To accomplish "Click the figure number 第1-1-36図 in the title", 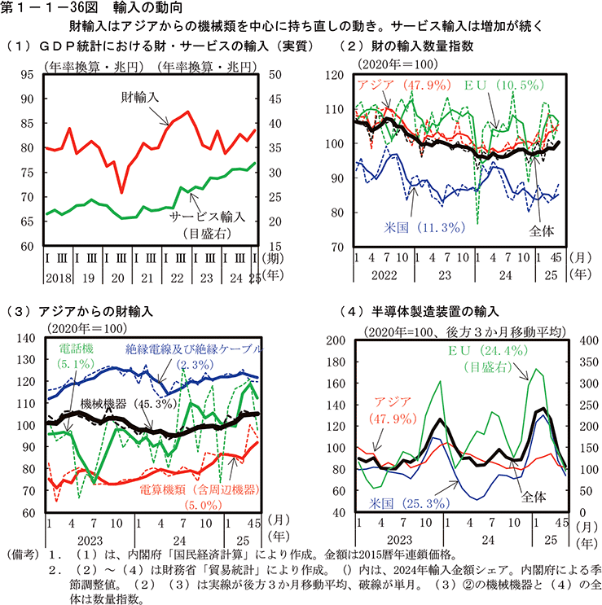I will click(x=50, y=8).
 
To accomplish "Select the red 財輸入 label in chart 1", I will click(x=141, y=96).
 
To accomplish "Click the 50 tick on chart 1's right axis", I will click(x=275, y=74).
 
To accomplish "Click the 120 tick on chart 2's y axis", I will click(x=338, y=76).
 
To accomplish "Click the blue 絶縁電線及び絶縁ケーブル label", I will click(x=194, y=349).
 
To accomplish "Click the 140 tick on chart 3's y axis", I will click(x=27, y=339).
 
